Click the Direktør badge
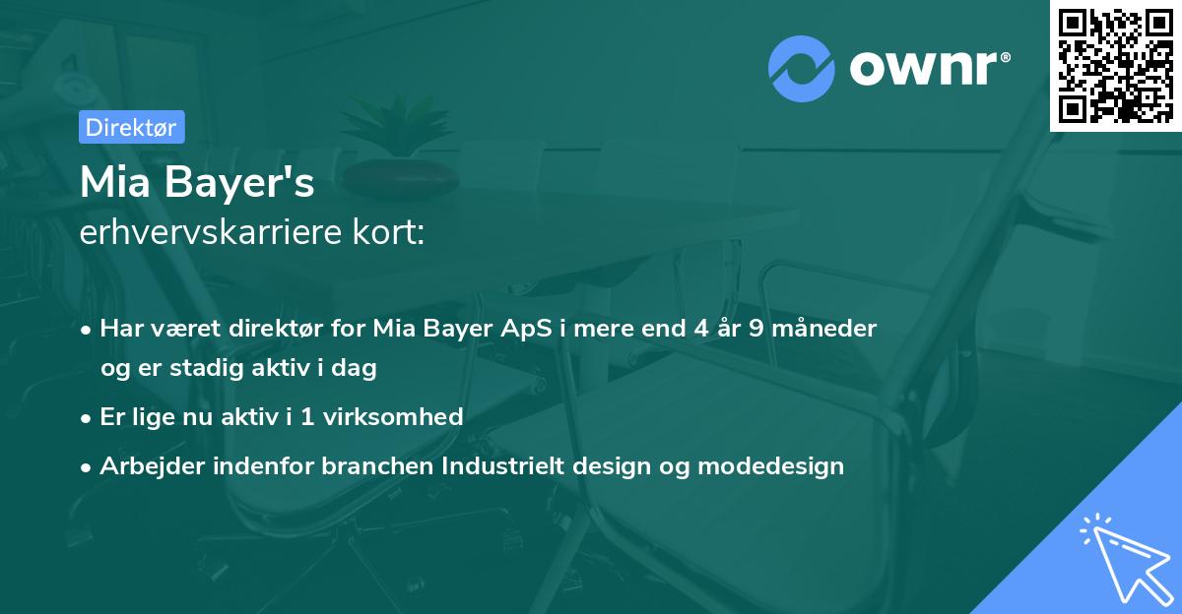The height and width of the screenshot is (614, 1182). [131, 127]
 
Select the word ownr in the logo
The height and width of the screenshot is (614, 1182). [925, 69]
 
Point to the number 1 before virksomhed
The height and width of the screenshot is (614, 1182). [307, 416]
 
